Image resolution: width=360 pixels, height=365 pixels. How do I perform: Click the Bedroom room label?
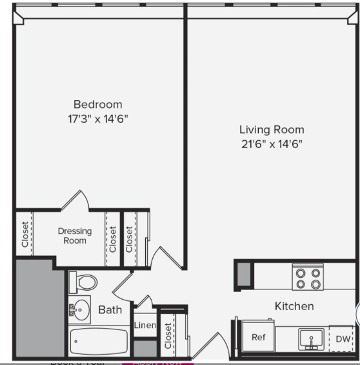coord(97,104)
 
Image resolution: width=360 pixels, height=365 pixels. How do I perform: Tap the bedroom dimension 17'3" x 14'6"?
coord(97,118)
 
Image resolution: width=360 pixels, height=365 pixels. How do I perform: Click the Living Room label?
coord(272,130)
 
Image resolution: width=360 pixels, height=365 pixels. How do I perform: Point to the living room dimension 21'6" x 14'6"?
coord(272,144)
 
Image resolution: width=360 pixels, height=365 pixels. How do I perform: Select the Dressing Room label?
coord(75,236)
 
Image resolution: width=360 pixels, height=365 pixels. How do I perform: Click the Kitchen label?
coord(294,306)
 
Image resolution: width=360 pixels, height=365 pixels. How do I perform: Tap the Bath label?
coord(110,310)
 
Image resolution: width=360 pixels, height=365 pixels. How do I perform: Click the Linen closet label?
coord(145,326)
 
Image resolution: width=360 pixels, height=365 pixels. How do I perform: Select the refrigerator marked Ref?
coord(258,337)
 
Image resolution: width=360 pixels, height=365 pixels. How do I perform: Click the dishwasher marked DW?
coord(343,338)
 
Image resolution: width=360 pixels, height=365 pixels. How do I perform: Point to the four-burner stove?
coord(307,278)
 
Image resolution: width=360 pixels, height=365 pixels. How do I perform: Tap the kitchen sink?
coord(311,338)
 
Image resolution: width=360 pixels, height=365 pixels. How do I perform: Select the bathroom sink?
coord(79,309)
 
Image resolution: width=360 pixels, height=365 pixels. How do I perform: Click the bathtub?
coord(98,341)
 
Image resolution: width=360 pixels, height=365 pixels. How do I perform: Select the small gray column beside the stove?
coord(243,274)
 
